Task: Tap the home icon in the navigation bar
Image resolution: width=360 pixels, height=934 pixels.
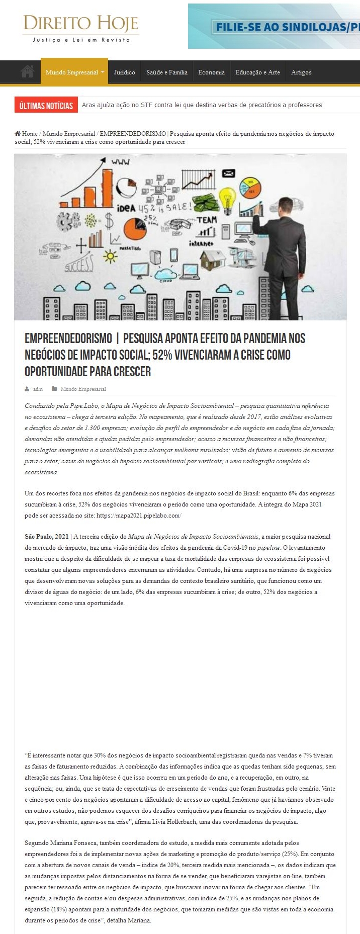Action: [28, 72]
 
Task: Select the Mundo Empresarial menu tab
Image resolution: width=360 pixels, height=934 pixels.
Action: [74, 72]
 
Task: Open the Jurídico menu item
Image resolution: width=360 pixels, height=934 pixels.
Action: [124, 72]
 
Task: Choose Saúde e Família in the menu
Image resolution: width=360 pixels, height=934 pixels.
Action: [166, 72]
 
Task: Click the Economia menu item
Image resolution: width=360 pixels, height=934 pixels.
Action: [211, 72]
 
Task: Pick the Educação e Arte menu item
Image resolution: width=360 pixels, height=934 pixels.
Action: [257, 72]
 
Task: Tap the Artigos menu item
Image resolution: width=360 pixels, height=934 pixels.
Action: [301, 72]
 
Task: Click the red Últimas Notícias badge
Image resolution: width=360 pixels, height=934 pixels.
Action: [46, 105]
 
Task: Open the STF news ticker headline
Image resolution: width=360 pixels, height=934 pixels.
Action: [202, 105]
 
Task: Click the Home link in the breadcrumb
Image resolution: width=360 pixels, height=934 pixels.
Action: [29, 134]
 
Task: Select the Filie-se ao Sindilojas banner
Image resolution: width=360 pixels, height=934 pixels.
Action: [274, 26]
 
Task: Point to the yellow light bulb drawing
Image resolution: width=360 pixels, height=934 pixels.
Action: [228, 196]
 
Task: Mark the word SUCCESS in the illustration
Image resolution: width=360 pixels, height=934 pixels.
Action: [79, 263]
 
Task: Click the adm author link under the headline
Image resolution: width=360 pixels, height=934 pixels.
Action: [38, 389]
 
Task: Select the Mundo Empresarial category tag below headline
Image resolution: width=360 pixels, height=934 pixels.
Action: [83, 389]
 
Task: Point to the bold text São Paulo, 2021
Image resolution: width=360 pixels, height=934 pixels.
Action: [46, 537]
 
